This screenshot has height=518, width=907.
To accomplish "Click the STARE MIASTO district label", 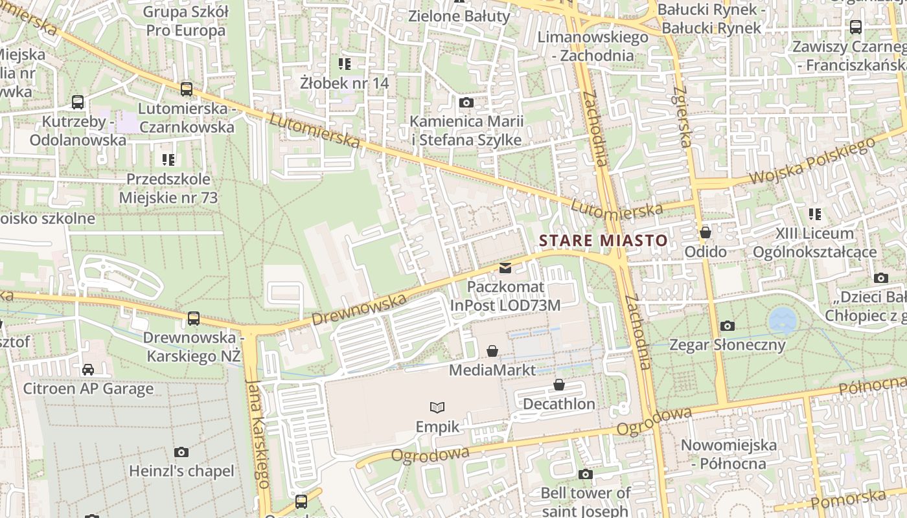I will coord(603,241).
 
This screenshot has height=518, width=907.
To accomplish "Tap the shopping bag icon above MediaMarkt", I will coord(492,351).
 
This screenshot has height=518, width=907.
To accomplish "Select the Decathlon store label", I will coord(558,404).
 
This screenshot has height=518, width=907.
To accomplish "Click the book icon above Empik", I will coord(437,407).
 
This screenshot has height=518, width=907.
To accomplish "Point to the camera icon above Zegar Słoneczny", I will coord(728,326).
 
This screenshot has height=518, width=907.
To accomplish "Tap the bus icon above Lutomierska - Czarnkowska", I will coord(187,89).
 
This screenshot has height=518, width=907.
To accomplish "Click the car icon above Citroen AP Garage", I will coord(88,369).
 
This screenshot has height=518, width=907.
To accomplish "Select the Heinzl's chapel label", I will coord(181,471).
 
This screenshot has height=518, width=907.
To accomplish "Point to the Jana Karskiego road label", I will coord(258,434).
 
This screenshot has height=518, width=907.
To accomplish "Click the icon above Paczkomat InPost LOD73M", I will coord(505,268).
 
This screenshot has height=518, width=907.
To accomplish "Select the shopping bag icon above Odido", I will coord(705,232).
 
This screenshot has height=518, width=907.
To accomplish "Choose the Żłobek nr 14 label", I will coord(344,83).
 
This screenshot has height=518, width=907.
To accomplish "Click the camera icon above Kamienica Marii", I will coord(466,102).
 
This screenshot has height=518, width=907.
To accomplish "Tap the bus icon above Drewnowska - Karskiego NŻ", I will coord(193,318).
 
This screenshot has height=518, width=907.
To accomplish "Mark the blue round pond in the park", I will coord(782,321).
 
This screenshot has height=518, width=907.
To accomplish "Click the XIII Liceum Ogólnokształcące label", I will coord(815,243).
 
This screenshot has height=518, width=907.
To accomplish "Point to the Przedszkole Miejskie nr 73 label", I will coord(168,188).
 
